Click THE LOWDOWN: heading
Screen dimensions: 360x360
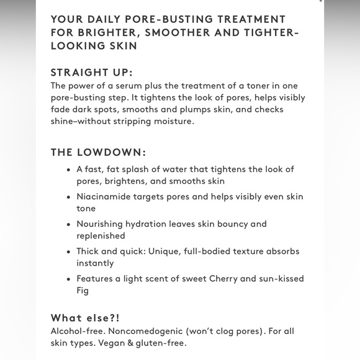(x=98, y=152)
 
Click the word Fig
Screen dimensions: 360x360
(x=83, y=290)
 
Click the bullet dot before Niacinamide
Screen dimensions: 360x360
(x=68, y=197)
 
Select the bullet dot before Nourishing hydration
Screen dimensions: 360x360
(x=68, y=224)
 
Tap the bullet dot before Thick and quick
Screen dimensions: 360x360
(x=68, y=251)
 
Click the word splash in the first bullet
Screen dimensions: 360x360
(x=143, y=169)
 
